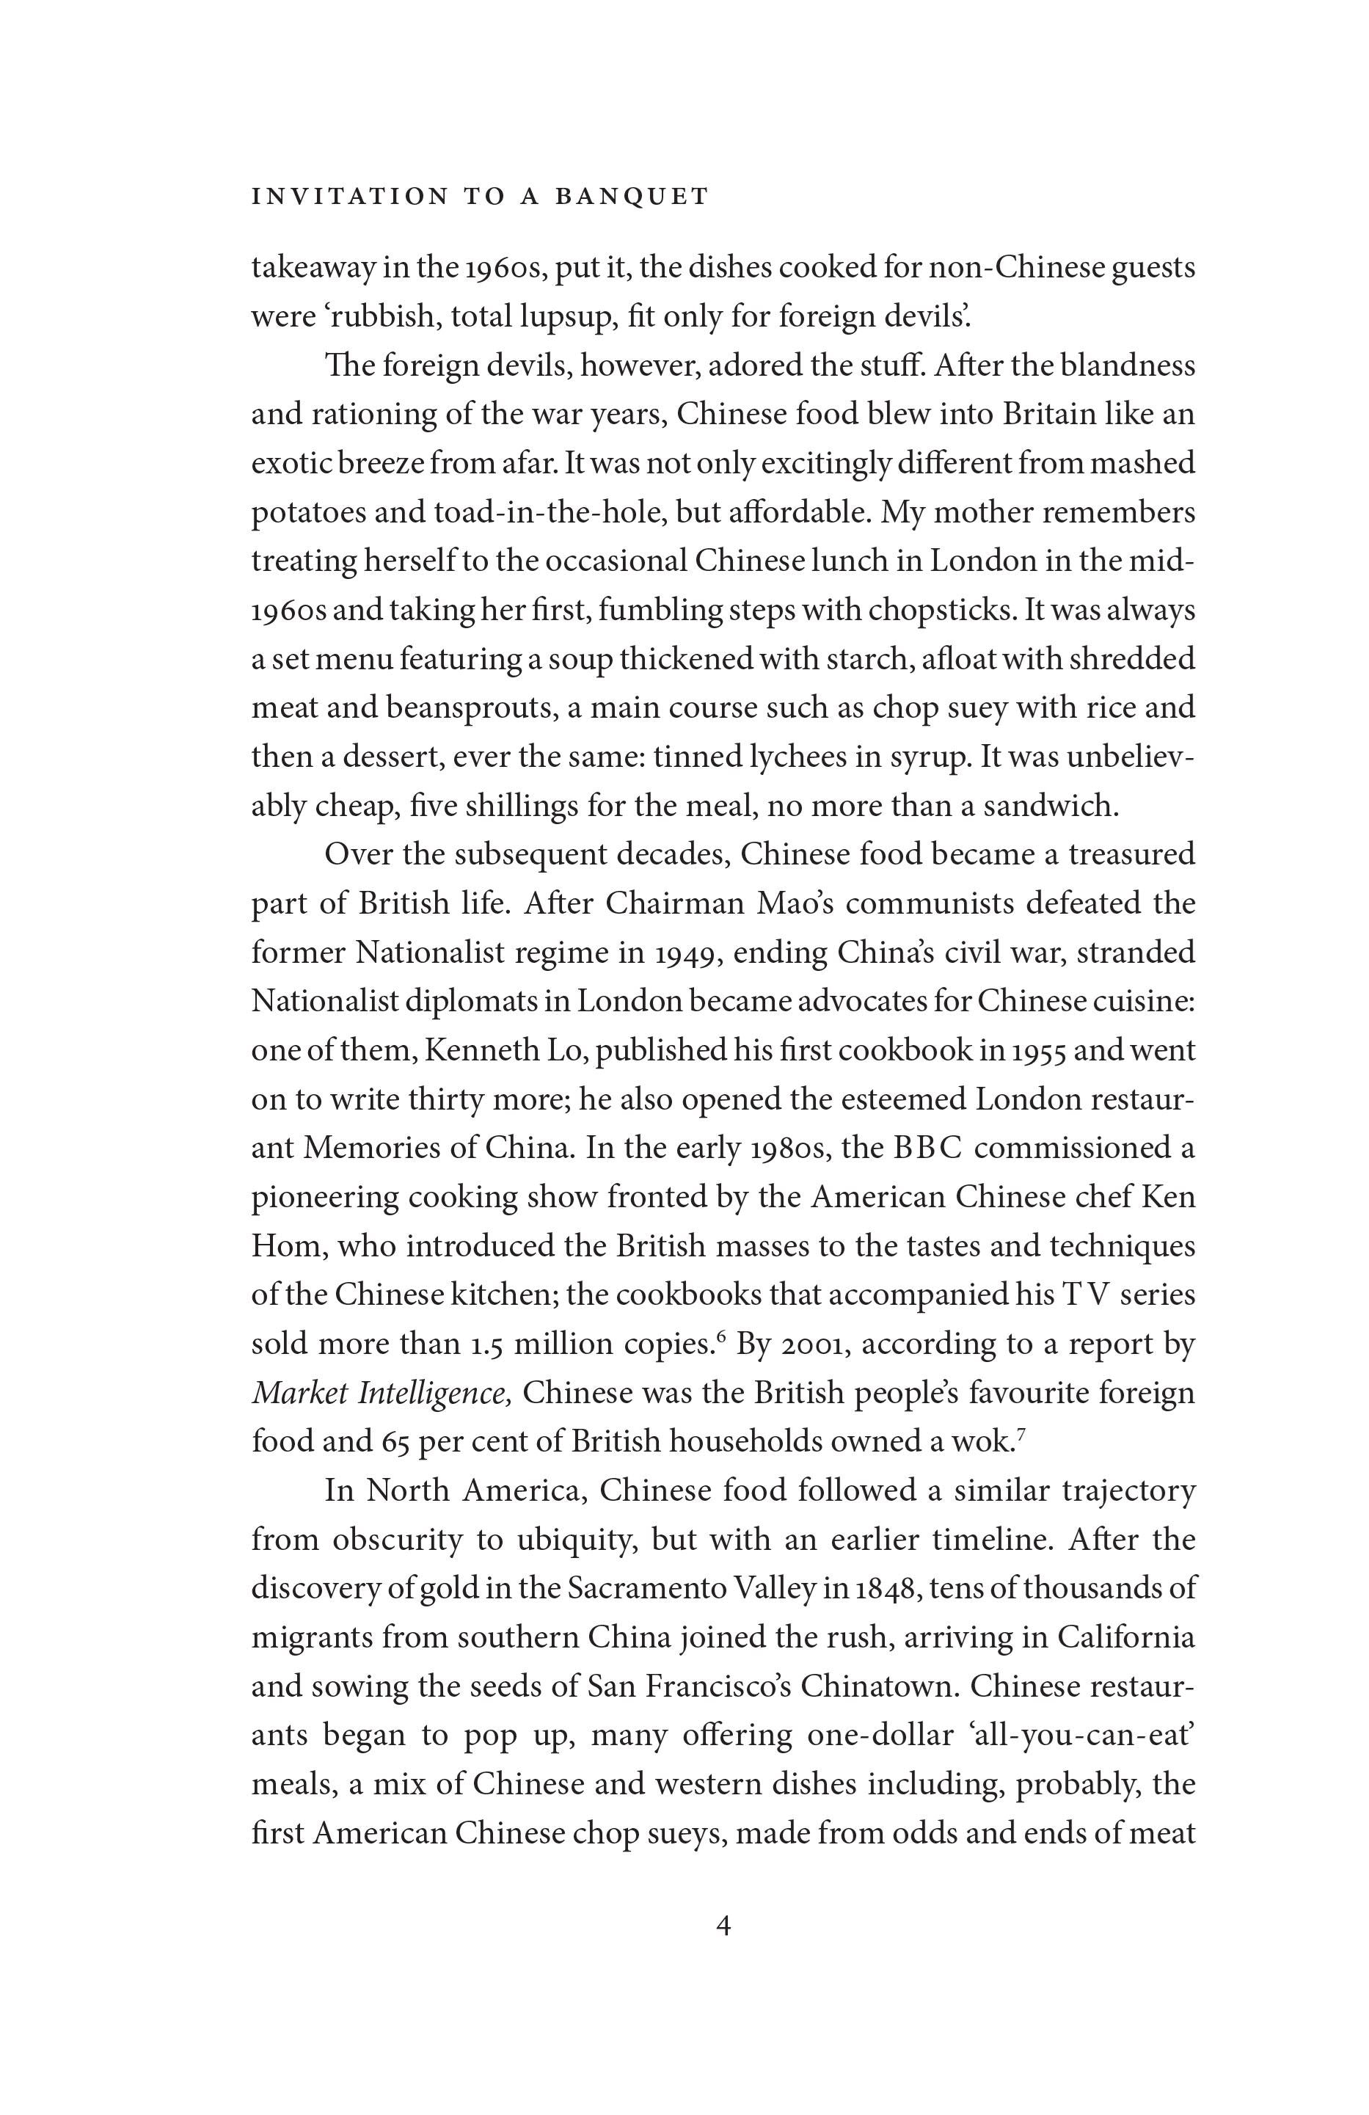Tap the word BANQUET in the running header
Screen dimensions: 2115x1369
tap(632, 197)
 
